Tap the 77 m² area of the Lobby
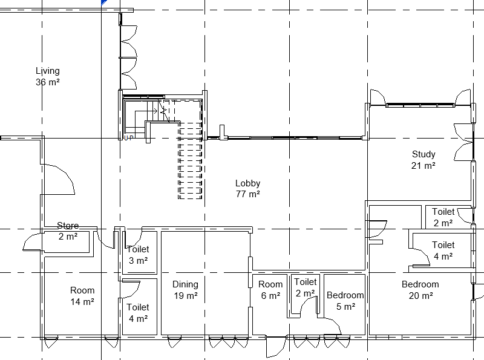[248, 194]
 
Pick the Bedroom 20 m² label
[420, 290]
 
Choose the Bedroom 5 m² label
[345, 301]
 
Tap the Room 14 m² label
[82, 296]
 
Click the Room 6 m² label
[270, 290]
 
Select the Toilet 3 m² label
[138, 255]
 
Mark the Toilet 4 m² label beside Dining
[138, 313]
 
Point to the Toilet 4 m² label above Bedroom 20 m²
[443, 250]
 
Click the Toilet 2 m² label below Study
[443, 217]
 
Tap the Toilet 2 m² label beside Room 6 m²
[306, 287]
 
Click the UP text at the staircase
[129, 138]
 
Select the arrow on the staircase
[146, 111]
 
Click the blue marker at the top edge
[104, 2]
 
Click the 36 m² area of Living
[48, 82]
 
